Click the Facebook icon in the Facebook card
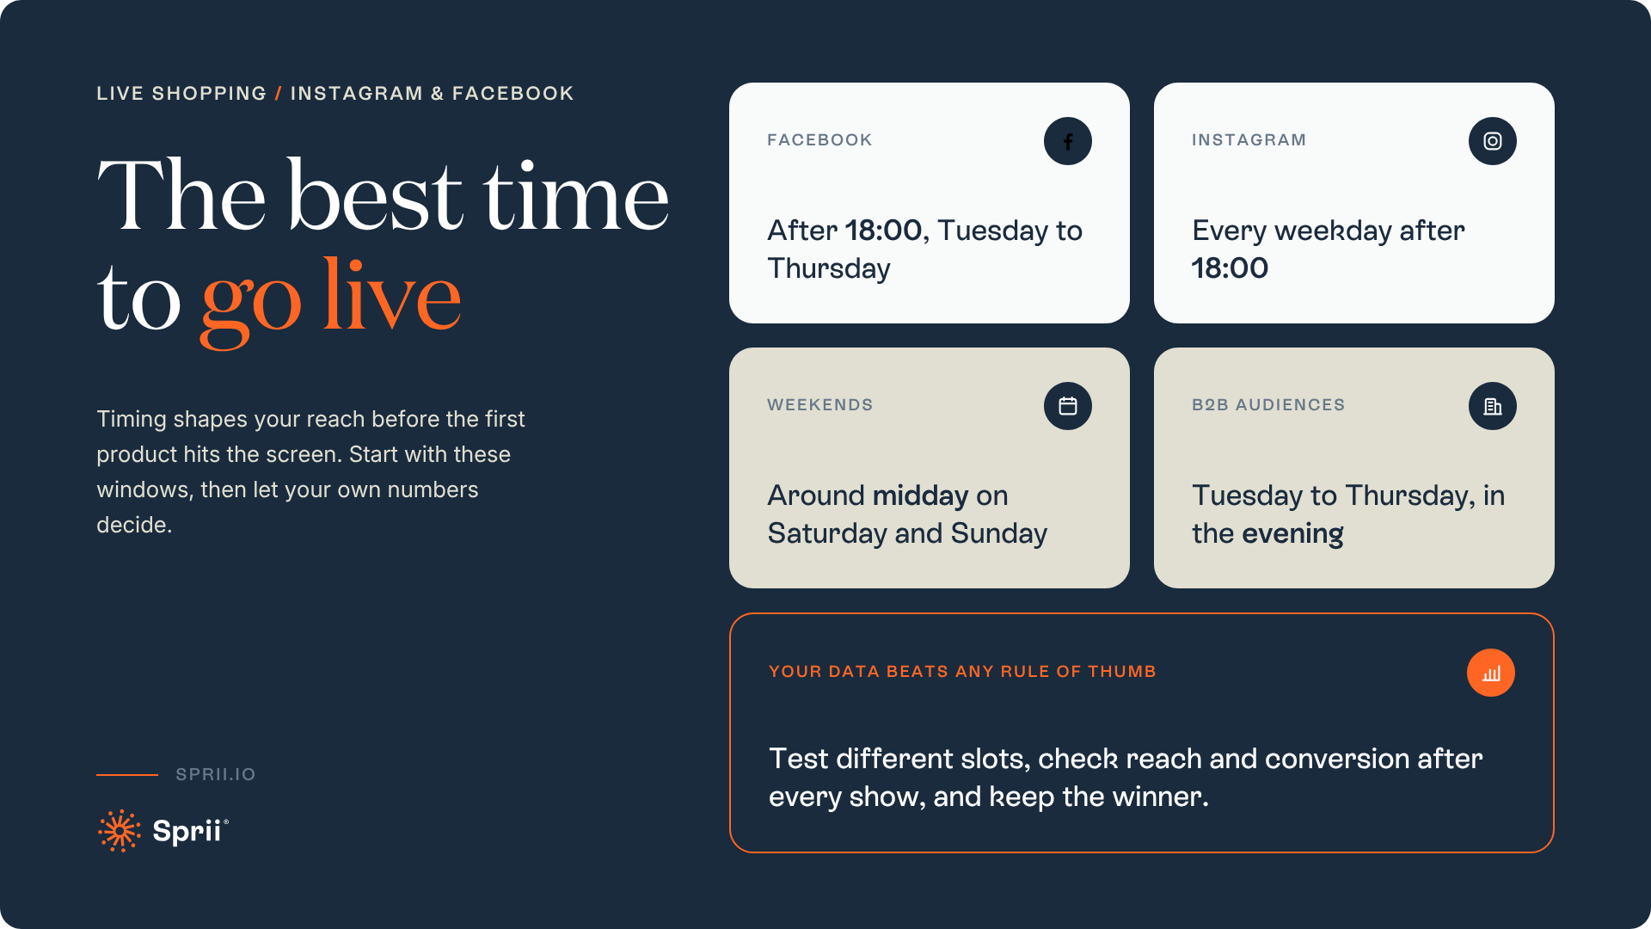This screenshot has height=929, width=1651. [1068, 141]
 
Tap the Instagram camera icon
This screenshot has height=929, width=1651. [1493, 141]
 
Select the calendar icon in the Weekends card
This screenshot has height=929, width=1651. [1068, 406]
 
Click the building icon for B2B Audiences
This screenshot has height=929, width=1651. [1493, 406]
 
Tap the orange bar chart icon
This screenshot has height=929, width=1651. [1491, 673]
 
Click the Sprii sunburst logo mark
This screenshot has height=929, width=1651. [120, 831]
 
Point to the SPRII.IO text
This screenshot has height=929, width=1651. [216, 774]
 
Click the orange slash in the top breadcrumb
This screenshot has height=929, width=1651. [279, 94]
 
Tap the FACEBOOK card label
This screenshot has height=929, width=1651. [819, 140]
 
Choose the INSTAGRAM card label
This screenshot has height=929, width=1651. [1249, 140]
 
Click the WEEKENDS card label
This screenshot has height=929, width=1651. [819, 405]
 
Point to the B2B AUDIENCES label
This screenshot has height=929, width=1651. [1268, 405]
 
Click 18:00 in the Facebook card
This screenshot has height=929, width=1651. [884, 231]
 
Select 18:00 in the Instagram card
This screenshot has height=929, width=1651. [1230, 268]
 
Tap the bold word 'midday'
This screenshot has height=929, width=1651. [921, 495]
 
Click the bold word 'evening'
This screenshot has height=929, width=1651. [1292, 534]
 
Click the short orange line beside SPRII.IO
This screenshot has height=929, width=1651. [127, 775]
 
